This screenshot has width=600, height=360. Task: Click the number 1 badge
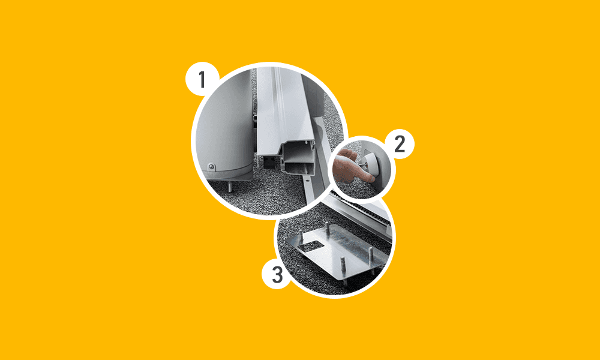coord(202,80)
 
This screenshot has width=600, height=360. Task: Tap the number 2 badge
coord(399,145)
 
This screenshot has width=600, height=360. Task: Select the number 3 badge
coord(277,274)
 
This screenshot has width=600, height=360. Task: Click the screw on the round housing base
coord(211,167)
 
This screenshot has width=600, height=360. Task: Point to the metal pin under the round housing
coord(230,187)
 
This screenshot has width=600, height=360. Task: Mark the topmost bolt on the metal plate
coord(327,225)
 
